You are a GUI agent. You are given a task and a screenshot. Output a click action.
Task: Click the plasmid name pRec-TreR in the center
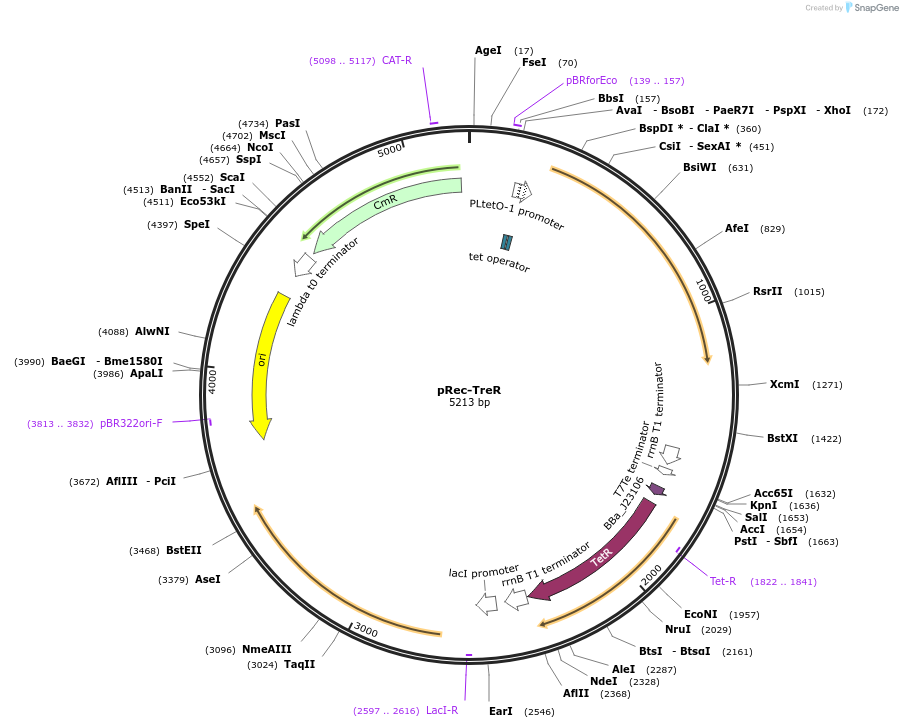(x=469, y=390)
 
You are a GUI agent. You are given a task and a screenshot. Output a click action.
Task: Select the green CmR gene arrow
(x=385, y=204)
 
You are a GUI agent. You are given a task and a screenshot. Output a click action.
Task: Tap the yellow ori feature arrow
(x=265, y=360)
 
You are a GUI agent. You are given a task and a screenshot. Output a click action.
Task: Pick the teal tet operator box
(x=507, y=242)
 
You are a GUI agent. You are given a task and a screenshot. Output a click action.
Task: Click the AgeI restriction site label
(x=488, y=50)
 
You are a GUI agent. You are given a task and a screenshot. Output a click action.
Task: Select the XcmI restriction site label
(x=784, y=384)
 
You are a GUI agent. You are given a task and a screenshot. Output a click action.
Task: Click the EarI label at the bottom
(x=500, y=711)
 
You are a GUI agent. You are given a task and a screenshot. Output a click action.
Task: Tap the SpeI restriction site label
(x=196, y=224)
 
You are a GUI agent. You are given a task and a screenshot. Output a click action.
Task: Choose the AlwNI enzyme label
(x=152, y=331)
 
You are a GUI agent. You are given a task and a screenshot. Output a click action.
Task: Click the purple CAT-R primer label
(x=397, y=60)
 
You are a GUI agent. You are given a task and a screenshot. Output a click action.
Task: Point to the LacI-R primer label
(x=442, y=710)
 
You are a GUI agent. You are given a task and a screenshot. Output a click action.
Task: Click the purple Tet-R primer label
(x=723, y=581)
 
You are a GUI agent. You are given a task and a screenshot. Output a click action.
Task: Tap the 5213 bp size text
(x=469, y=403)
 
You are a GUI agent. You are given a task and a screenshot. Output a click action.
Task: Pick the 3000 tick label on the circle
(x=366, y=631)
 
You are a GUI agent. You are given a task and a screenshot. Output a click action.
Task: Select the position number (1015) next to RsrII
(x=809, y=292)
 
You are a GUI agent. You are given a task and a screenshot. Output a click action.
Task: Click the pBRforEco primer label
(x=592, y=80)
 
